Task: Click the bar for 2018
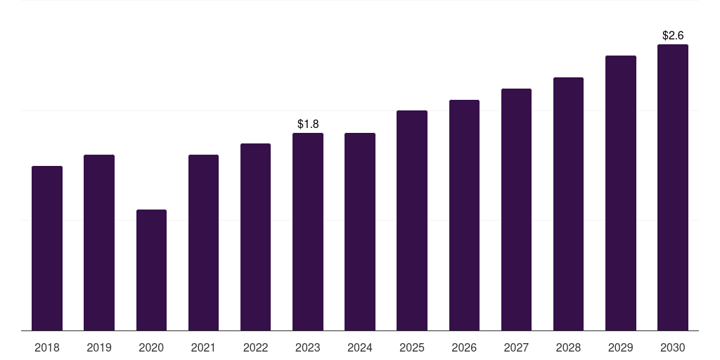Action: [x=47, y=248]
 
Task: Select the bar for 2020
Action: [x=152, y=270]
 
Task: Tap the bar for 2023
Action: [x=308, y=231]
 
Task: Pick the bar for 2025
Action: [x=412, y=220]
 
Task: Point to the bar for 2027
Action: [x=516, y=210]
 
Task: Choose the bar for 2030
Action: [x=673, y=187]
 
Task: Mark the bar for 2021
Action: [x=203, y=243]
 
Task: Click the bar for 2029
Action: [x=621, y=193]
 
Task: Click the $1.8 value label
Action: [x=308, y=124]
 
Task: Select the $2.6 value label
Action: [x=673, y=35]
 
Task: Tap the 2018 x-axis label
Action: [x=47, y=347]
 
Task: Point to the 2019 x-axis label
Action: [x=99, y=347]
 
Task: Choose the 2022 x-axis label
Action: [x=255, y=347]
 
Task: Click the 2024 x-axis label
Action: [x=360, y=347]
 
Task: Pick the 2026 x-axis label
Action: [x=464, y=347]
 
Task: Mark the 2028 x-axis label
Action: [x=568, y=347]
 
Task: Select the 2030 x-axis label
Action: [x=673, y=347]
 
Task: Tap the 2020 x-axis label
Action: [x=151, y=347]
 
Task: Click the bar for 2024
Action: [x=360, y=231]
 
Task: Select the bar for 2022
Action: [x=255, y=237]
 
